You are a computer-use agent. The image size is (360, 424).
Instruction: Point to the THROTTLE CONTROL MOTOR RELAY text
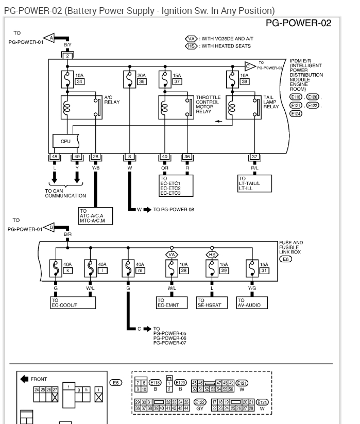point(208,103)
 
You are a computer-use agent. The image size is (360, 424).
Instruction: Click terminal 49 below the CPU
point(77,157)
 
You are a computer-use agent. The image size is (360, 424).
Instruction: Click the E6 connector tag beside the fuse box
point(285,260)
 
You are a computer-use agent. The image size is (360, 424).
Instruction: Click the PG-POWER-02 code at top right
point(298,24)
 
